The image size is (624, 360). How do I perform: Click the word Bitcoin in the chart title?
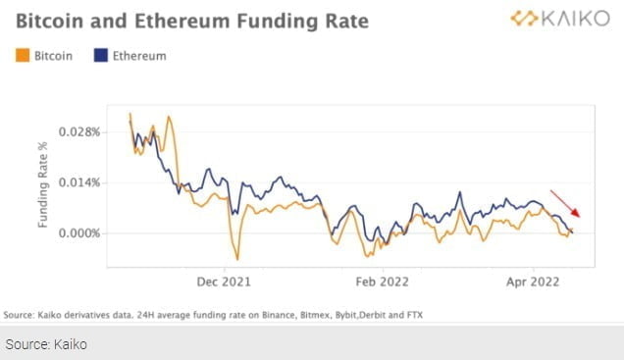(50, 21)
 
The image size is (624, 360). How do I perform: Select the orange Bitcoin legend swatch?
(23, 56)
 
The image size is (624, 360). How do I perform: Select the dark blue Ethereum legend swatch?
(103, 56)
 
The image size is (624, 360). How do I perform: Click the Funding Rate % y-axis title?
(43, 183)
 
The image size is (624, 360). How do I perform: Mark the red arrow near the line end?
(565, 203)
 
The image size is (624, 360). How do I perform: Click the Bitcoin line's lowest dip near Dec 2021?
(236, 259)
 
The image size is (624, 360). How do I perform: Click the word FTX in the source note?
(413, 314)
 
